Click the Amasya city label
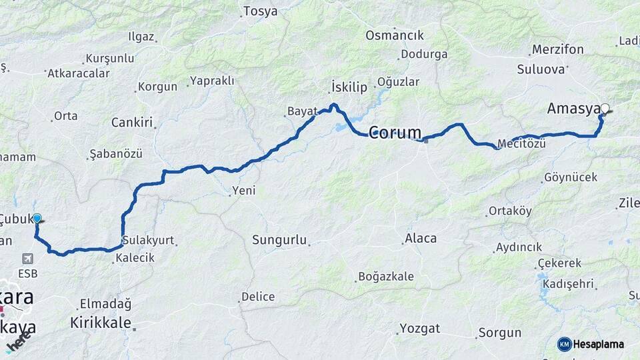573,109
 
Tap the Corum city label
395,132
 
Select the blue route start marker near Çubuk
37,218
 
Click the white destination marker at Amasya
605,108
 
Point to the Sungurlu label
279,239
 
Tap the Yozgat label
420,328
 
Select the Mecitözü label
522,144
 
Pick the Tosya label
260,11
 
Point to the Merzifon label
558,50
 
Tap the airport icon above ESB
27,259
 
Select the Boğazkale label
386,276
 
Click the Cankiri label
132,123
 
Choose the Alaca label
421,238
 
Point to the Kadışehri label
569,284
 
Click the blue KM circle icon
565,344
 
